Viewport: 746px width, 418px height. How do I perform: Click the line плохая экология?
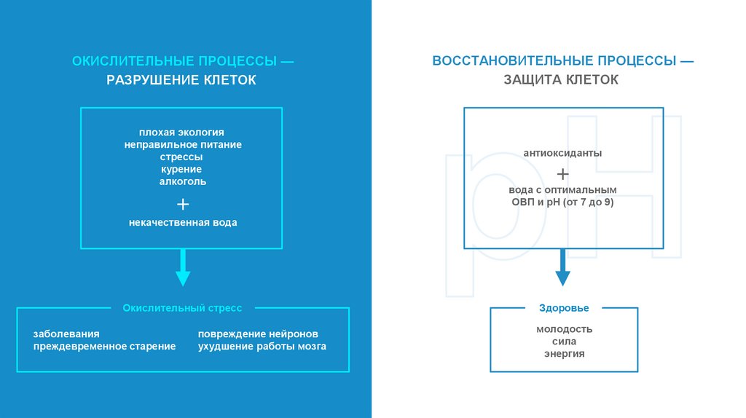[182, 133]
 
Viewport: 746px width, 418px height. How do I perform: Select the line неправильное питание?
[182, 145]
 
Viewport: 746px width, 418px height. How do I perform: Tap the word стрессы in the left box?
[182, 157]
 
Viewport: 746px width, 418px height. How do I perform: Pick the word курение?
[182, 169]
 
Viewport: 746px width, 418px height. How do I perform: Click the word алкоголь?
[182, 181]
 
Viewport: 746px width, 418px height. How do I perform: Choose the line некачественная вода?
[183, 223]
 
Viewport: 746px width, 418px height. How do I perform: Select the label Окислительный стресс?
[182, 308]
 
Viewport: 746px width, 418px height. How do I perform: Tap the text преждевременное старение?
[104, 347]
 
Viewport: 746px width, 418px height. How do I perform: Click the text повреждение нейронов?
[258, 334]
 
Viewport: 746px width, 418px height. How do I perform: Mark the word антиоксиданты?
[562, 154]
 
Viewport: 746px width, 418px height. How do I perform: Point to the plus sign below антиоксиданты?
[562, 174]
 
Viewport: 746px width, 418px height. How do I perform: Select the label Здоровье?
[564, 308]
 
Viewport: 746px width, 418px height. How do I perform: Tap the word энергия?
[564, 354]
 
